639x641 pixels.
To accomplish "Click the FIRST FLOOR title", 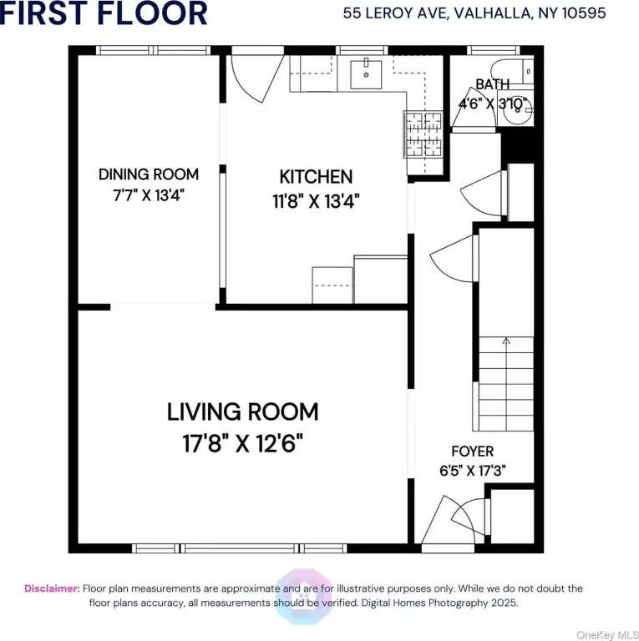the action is (104, 13).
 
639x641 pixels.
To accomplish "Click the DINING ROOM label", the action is (149, 174).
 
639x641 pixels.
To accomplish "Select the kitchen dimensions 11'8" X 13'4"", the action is (316, 201).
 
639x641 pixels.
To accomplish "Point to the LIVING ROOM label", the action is (242, 411).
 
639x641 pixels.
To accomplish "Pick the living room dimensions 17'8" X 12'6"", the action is (242, 443).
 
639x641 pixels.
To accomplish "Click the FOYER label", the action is (473, 452).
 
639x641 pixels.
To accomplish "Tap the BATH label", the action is (493, 84).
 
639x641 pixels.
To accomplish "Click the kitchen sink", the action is (366, 74).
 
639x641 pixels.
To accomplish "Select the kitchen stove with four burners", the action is (423, 134).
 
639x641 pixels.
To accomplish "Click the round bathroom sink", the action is (518, 111).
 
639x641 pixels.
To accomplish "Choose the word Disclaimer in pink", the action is (52, 588).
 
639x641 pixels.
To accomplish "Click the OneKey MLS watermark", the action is (607, 635).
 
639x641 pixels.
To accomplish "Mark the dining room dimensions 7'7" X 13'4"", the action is (149, 195).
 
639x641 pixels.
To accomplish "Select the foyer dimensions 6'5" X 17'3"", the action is (473, 471).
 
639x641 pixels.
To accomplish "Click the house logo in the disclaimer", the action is (303, 597).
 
